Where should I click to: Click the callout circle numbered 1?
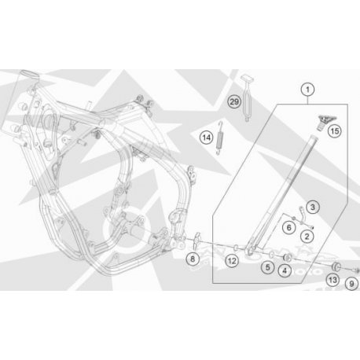307,90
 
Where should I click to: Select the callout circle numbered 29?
234,101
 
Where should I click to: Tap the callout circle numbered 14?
207,138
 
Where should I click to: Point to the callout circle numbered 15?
335,130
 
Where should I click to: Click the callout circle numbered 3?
313,208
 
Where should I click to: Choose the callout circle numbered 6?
289,227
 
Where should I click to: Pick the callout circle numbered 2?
307,237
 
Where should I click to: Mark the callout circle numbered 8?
193,259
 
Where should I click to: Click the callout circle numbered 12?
232,261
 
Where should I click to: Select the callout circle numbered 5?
267,267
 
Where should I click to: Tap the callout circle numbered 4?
285,270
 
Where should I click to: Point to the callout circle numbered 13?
332,280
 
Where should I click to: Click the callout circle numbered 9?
351,284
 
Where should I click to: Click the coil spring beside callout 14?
220,138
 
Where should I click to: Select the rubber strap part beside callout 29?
248,98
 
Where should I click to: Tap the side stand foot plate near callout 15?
325,122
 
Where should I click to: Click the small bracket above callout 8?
197,241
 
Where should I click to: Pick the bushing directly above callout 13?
336,266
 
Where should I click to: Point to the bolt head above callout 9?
356,270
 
